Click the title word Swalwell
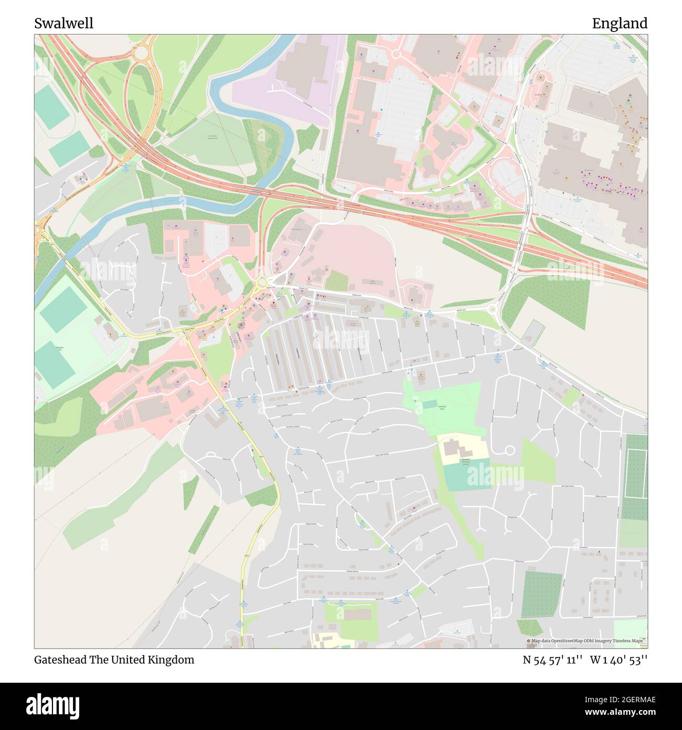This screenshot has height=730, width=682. [64, 24]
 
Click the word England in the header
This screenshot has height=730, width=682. [620, 24]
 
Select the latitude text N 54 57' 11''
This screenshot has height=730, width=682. [552, 660]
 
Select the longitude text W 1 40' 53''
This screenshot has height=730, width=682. [619, 660]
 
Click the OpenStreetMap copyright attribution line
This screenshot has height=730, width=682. [585, 641]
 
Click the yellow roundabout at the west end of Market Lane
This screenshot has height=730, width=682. [261, 284]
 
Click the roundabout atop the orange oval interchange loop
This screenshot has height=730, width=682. [141, 53]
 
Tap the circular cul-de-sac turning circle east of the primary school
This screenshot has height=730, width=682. [509, 451]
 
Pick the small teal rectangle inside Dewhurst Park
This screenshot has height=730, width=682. [429, 404]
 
